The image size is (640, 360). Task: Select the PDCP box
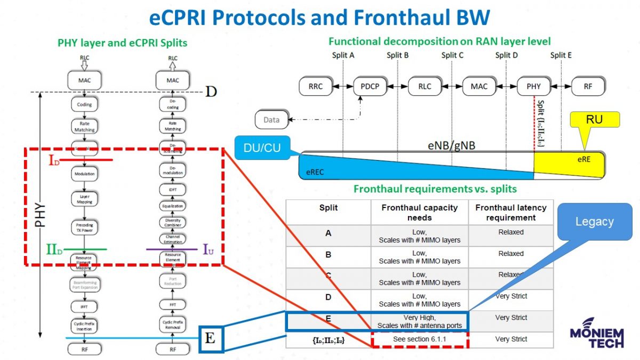point(370,86)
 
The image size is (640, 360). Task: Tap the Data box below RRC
point(271,120)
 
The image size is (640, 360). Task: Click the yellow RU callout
point(594,120)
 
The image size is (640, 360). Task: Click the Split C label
point(452,55)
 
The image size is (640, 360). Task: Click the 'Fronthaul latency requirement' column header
point(510,212)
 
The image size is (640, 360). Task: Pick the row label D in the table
point(328,297)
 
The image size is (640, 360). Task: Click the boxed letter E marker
point(211,339)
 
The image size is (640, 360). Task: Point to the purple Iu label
point(209,249)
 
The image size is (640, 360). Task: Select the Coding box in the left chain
point(84,105)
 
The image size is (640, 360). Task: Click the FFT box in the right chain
point(172,305)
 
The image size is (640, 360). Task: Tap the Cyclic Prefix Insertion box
point(84,326)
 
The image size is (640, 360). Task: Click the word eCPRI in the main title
point(190,18)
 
